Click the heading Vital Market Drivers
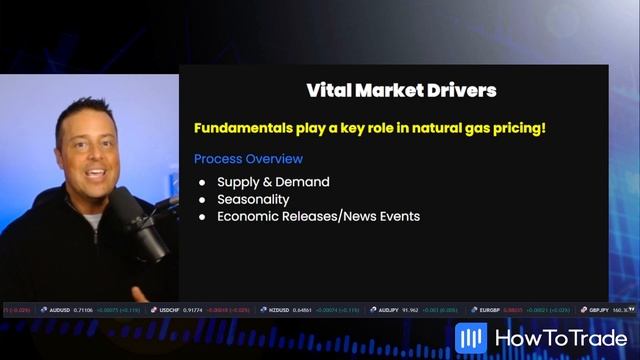pos(401,91)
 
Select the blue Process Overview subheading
pos(248,159)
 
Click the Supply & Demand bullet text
pos(273,182)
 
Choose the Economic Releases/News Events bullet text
pos(318,216)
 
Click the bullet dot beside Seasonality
pos(202,199)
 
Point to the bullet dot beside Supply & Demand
pos(202,182)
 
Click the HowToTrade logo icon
pos(470,338)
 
